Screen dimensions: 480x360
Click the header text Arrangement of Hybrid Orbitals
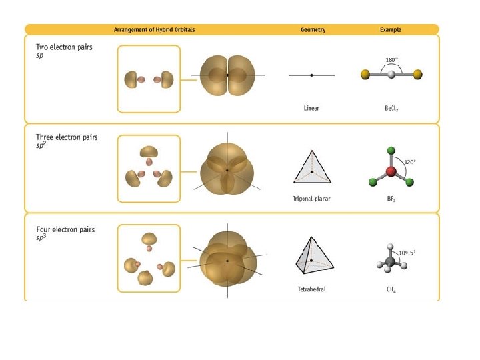pos(159,30)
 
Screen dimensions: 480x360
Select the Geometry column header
pos(312,30)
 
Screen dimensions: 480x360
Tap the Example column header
pos(391,30)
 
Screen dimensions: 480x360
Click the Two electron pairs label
pos(65,48)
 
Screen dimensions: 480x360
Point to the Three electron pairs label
pos(67,137)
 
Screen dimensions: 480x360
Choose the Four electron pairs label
pos(65,229)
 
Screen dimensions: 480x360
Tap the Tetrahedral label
pos(311,289)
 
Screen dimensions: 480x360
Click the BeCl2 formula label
pos(391,108)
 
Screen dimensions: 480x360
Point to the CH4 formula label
pos(391,289)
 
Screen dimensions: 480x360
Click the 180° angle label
pos(392,60)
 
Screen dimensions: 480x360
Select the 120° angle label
pos(412,162)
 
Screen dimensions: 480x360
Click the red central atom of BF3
pos(391,172)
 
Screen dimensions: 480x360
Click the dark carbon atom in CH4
pos(391,258)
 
